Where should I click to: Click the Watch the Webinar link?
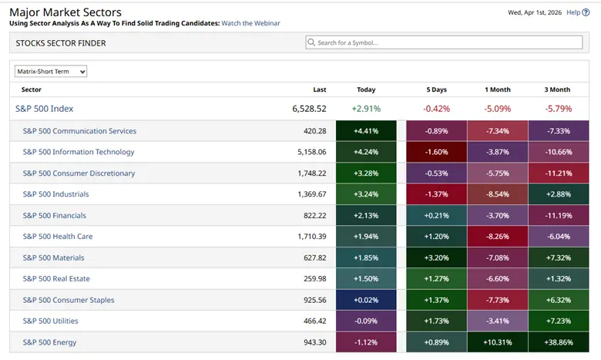(x=250, y=23)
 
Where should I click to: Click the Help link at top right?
(x=572, y=12)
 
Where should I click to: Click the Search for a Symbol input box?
(x=444, y=42)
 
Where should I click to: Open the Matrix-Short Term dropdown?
(x=51, y=72)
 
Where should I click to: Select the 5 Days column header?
(x=436, y=89)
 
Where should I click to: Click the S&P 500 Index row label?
(x=44, y=109)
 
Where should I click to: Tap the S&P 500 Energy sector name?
(x=49, y=342)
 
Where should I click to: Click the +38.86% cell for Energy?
(x=559, y=342)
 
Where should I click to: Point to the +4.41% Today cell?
(x=366, y=131)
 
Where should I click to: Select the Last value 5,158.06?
(x=310, y=152)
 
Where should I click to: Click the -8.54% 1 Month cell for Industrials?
(x=497, y=194)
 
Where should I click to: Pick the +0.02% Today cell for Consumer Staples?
(x=366, y=300)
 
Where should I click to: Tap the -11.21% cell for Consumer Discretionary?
(x=559, y=173)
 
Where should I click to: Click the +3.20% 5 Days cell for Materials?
(x=436, y=257)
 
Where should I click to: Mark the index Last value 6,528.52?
(x=309, y=109)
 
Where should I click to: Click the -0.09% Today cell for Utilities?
(x=366, y=321)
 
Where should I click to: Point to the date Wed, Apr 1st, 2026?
(x=532, y=12)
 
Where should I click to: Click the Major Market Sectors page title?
(x=65, y=12)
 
